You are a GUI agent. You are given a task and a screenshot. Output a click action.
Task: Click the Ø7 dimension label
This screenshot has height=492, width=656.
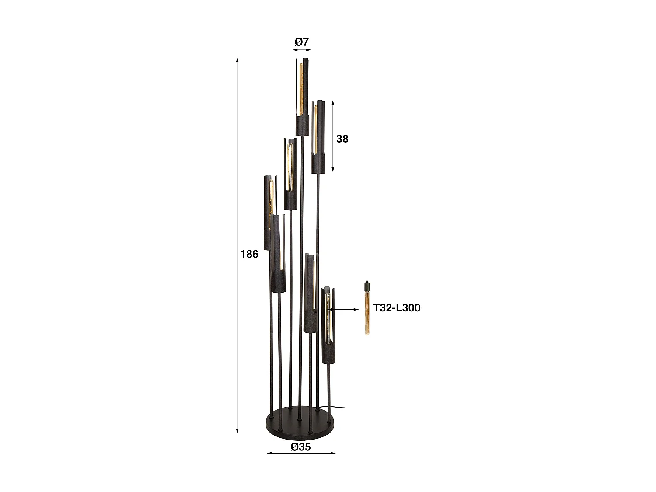click(x=301, y=42)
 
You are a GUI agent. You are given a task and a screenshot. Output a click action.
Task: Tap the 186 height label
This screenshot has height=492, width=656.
click(x=249, y=254)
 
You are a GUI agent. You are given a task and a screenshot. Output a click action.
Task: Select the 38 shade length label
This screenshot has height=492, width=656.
click(x=342, y=139)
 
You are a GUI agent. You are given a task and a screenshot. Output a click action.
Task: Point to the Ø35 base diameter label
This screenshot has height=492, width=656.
click(x=300, y=447)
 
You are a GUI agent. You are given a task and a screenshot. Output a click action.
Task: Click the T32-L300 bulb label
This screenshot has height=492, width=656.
click(x=397, y=307)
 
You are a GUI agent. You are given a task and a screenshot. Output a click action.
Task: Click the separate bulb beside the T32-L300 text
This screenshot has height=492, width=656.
click(x=367, y=311)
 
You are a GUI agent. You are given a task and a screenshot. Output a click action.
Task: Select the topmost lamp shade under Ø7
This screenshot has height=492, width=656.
click(x=302, y=96)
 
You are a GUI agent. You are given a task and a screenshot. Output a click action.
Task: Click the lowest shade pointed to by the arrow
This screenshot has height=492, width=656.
click(x=328, y=326)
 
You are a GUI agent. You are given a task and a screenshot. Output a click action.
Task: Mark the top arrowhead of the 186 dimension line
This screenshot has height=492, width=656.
click(x=237, y=59)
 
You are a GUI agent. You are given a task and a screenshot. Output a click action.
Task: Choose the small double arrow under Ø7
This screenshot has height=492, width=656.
click(x=301, y=50)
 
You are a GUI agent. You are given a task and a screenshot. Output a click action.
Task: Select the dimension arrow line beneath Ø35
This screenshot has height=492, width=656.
click(x=301, y=453)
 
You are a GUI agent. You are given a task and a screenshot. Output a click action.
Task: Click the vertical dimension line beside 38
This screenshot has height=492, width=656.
click(x=333, y=136)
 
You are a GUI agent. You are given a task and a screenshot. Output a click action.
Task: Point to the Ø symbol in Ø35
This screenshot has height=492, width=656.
click(x=295, y=447)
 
